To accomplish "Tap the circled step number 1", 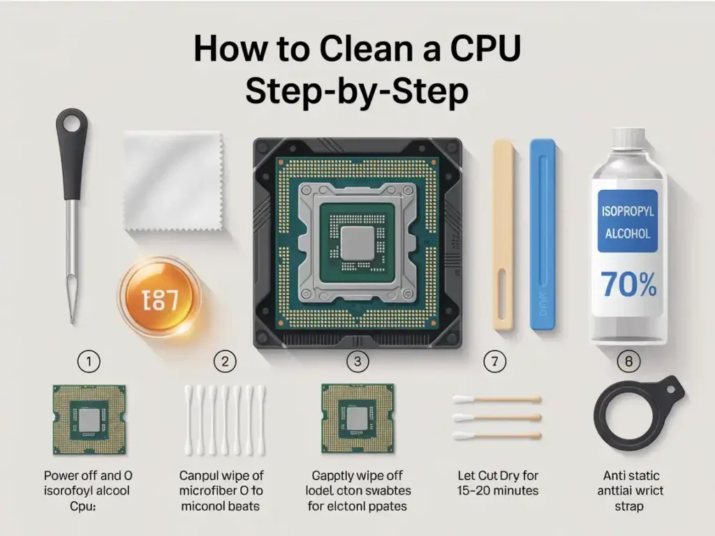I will click(89, 361).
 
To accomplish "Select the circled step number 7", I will click(494, 361).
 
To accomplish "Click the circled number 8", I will click(628, 361).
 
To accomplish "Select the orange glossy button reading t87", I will click(159, 299).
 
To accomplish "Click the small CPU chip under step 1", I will click(89, 419).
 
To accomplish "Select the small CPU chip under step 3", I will click(357, 419).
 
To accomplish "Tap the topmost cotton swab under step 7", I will click(497, 399).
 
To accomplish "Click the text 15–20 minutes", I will click(498, 491).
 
